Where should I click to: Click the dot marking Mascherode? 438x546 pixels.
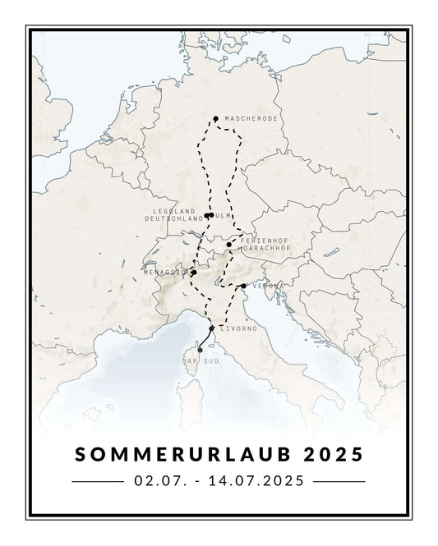[x=215, y=118]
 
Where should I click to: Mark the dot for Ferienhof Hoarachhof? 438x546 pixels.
[x=229, y=244]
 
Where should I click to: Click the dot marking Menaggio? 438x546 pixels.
[x=194, y=273]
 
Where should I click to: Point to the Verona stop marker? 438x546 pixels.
[x=244, y=286]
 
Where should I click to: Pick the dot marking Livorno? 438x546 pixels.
[x=212, y=328]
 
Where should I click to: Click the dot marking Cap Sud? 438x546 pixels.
[x=201, y=351]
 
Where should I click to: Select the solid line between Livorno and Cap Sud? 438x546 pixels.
[x=205, y=340]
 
